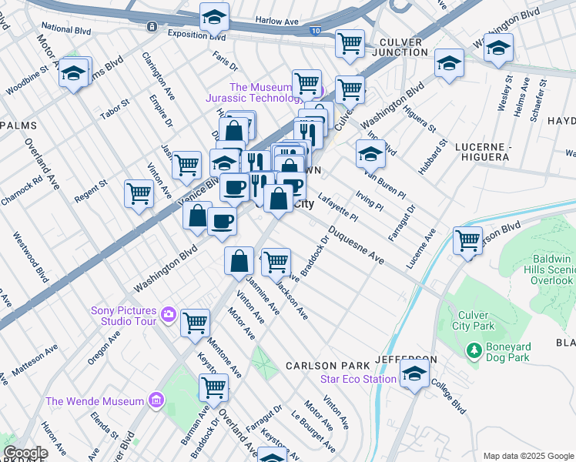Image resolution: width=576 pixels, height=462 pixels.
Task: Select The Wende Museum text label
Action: click(95, 401)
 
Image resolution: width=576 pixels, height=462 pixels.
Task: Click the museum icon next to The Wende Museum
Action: click(156, 400)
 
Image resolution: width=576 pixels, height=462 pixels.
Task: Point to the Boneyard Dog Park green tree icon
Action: click(474, 351)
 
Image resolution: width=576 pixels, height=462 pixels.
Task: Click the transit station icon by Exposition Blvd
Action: click(152, 26)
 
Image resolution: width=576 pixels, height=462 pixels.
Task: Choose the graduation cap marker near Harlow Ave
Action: click(214, 15)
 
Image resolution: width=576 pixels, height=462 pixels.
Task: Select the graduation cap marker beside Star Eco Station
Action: click(414, 374)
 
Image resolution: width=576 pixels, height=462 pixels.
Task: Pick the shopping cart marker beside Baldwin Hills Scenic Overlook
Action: click(467, 239)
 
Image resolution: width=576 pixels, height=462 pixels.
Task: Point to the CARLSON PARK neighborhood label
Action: click(316, 365)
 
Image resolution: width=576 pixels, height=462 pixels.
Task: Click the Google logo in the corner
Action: click(25, 454)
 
